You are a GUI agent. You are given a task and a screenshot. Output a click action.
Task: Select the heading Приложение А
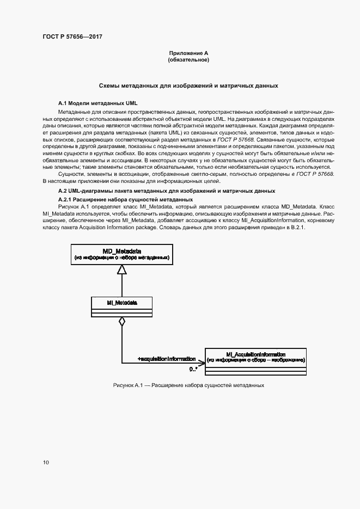(x=188, y=53)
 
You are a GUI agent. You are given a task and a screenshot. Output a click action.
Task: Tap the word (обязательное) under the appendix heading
(x=188, y=59)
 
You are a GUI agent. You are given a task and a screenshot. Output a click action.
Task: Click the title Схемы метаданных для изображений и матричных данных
(x=188, y=85)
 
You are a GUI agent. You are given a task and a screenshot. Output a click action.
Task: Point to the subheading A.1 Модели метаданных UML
(x=98, y=102)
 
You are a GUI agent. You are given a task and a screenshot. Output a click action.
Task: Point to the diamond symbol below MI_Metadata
(x=122, y=321)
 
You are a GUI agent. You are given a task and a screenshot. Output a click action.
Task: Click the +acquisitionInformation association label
(x=167, y=359)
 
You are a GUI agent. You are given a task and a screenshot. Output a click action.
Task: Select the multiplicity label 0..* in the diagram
(x=193, y=369)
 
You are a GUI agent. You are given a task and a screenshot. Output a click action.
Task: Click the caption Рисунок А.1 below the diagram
(x=188, y=385)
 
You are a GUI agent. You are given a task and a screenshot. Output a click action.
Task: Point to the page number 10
(x=46, y=463)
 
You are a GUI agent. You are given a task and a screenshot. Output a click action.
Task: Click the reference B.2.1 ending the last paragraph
(x=297, y=228)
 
